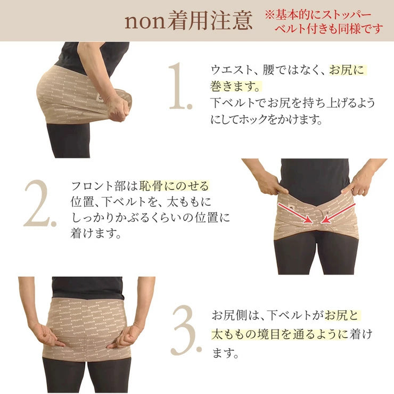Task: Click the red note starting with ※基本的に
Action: (x=323, y=21)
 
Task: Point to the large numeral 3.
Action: (x=186, y=333)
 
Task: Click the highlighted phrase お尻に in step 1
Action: (x=348, y=70)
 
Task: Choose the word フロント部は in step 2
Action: (x=104, y=186)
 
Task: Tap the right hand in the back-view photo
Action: (x=124, y=335)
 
